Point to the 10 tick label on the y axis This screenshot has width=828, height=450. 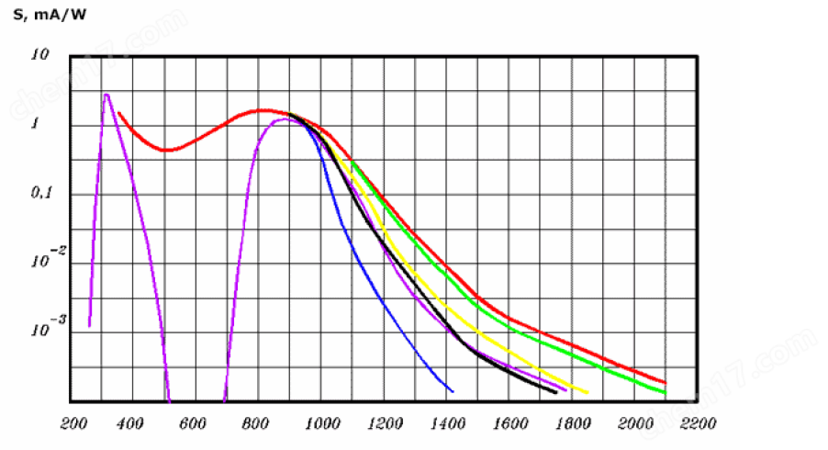pos(39,55)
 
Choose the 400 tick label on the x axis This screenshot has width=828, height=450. pos(131,424)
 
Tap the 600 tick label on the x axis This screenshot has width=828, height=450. pos(193,424)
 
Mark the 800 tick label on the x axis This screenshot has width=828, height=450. pos(256,424)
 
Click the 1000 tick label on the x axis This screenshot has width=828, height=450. pos(320,424)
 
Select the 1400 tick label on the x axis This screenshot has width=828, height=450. pos(446,424)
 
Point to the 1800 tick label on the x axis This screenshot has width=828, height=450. pos(572,424)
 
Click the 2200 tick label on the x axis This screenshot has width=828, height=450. pos(698,424)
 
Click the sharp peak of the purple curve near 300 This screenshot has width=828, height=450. pos(106,94)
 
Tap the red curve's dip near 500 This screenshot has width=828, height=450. pos(166,150)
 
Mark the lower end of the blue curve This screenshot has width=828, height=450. pos(453,391)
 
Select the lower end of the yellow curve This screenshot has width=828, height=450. pos(587,393)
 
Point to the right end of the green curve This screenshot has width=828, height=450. pos(666,392)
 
